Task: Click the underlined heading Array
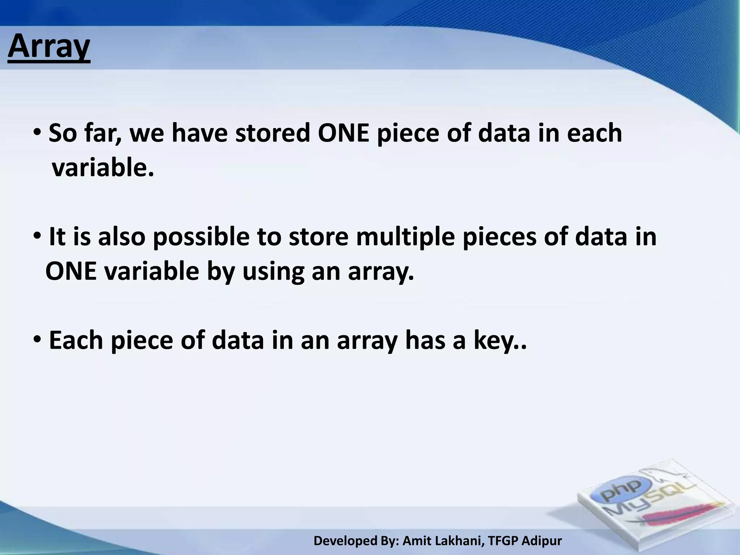[x=49, y=48]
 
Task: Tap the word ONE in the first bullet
[x=343, y=133]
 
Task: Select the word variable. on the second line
[x=103, y=168]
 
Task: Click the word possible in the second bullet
[x=201, y=237]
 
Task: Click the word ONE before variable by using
[x=71, y=272]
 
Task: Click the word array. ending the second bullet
[x=380, y=272]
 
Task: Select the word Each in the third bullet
[x=76, y=340]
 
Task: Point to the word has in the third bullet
[x=425, y=340]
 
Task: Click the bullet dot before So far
[x=37, y=133]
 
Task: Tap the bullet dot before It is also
[x=37, y=237]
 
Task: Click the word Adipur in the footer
[x=542, y=541]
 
